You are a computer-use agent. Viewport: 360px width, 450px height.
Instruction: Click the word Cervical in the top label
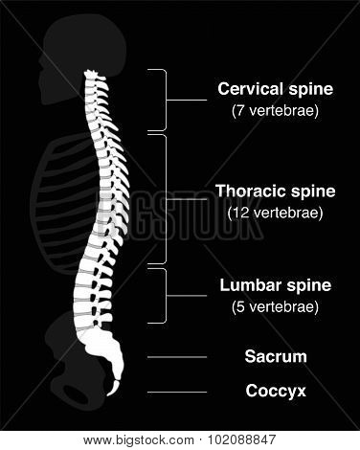pyautogui.click(x=252, y=89)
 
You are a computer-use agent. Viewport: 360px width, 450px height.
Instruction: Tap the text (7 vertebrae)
pyautogui.click(x=275, y=111)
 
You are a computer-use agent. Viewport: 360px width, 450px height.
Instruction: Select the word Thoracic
pyautogui.click(x=251, y=191)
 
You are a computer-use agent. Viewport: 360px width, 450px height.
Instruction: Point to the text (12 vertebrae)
pyautogui.click(x=275, y=213)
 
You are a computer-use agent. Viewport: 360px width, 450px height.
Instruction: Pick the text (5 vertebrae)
pyautogui.click(x=275, y=307)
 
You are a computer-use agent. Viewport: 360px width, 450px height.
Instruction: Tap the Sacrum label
pyautogui.click(x=276, y=356)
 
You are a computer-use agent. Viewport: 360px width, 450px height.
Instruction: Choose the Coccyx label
pyautogui.click(x=276, y=391)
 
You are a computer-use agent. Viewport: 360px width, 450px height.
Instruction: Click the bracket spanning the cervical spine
pyautogui.click(x=166, y=100)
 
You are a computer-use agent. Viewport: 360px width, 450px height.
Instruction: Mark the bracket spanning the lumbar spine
pyautogui.click(x=166, y=296)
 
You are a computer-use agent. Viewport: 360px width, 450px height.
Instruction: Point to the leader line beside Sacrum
pyautogui.click(x=177, y=357)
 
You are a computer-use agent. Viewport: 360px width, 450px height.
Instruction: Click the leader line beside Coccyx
pyautogui.click(x=177, y=392)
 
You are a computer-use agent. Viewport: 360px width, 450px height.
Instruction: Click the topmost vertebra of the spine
pyautogui.click(x=93, y=76)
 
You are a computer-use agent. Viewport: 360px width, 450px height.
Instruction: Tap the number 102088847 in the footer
pyautogui.click(x=241, y=440)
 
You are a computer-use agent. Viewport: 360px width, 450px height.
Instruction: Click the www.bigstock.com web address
pyautogui.click(x=139, y=440)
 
